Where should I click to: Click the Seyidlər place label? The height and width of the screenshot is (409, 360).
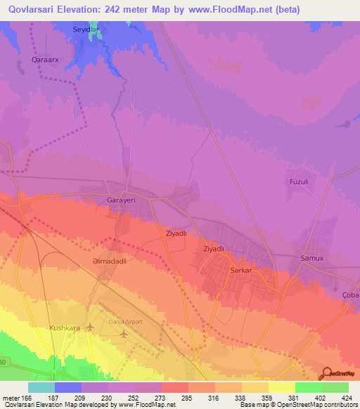[86, 30]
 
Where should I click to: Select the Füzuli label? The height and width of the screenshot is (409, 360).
[300, 182]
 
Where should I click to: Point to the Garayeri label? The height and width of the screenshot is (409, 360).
[120, 200]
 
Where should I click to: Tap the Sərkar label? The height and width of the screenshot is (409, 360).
[241, 270]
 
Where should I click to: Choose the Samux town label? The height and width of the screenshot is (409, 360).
[311, 258]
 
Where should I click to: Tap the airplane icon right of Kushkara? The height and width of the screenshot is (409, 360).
[90, 327]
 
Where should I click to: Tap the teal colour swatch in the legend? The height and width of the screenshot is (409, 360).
[41, 387]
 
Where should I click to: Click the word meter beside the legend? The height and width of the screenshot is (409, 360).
[11, 398]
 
